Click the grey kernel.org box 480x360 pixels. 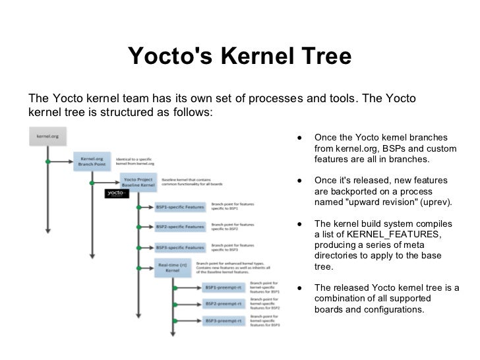click(47, 136)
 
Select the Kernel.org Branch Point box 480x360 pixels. click(92, 162)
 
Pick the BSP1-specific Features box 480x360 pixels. click(180, 207)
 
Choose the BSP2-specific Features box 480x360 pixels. click(180, 227)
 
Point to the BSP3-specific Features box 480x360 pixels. click(180, 247)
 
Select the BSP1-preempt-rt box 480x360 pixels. click(224, 288)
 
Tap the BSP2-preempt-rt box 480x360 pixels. click(224, 305)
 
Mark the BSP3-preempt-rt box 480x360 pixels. click(224, 321)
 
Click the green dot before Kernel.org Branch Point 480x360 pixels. click(47, 162)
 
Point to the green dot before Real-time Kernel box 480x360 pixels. click(137, 267)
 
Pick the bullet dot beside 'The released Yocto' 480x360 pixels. click(299, 287)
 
